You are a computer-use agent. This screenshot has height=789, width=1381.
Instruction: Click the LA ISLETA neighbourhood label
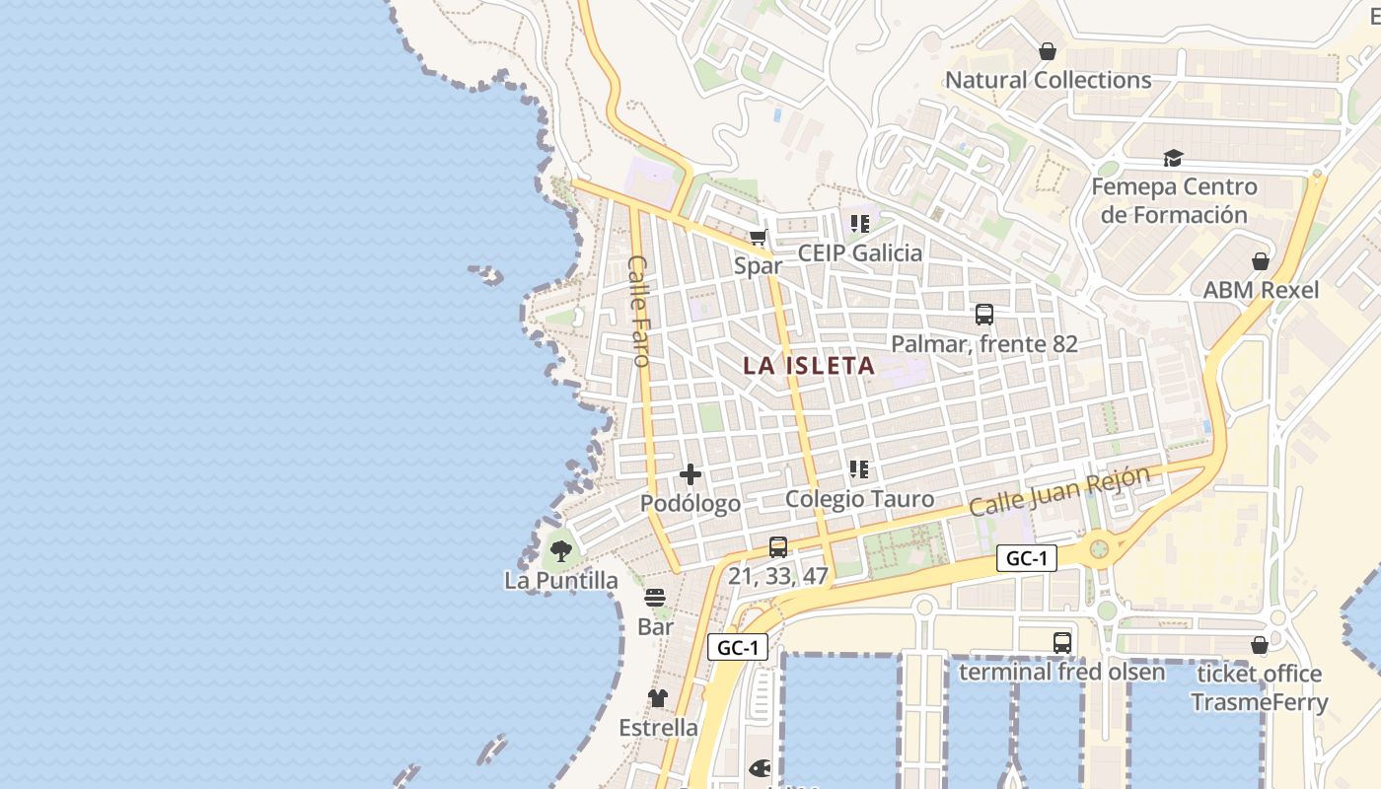tap(809, 366)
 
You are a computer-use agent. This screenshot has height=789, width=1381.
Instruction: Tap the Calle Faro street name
tap(639, 312)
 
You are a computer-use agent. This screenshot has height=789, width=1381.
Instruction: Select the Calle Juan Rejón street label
tap(1059, 491)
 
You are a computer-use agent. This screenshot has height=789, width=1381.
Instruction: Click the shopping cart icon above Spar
tap(758, 237)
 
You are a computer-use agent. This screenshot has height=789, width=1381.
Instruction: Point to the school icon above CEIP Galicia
tap(859, 224)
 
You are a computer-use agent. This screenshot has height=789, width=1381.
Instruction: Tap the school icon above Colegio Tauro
tap(859, 469)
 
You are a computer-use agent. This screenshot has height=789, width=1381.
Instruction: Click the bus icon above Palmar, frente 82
tap(983, 315)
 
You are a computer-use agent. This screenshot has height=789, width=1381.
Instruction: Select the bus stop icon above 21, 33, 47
tap(778, 546)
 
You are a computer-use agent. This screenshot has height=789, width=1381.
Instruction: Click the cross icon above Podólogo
tap(690, 475)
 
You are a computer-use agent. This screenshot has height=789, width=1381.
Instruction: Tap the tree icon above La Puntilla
tap(561, 551)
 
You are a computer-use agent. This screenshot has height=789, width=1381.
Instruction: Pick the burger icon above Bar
tap(655, 598)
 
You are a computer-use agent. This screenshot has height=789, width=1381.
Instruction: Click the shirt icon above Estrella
tap(658, 698)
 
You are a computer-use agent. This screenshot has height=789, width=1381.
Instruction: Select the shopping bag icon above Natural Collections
tap(1048, 50)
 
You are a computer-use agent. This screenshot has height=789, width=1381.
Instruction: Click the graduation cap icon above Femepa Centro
tap(1172, 158)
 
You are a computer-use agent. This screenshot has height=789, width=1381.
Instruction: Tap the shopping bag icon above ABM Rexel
tap(1261, 261)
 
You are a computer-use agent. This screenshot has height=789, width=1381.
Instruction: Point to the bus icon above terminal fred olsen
tap(1061, 643)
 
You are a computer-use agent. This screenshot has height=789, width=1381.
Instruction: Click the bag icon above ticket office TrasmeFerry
tap(1259, 645)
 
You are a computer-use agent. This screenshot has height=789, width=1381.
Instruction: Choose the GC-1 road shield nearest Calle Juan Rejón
tap(1027, 558)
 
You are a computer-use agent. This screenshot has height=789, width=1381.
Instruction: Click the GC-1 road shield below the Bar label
tap(737, 647)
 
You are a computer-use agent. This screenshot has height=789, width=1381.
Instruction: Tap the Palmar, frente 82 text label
tap(983, 344)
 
